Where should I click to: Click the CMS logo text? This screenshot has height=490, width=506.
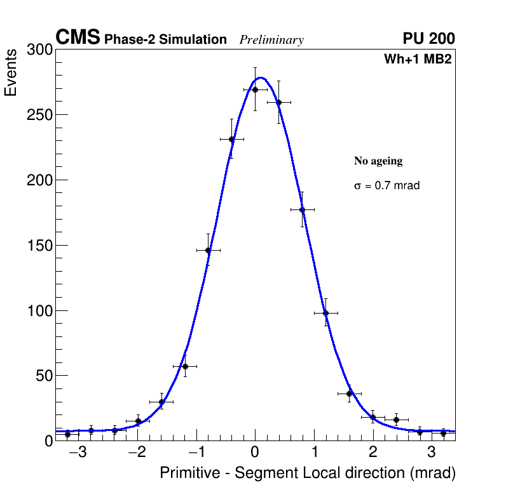click(x=78, y=38)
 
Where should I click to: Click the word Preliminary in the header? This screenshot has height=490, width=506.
click(x=271, y=40)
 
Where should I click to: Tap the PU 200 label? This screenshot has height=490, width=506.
click(x=428, y=39)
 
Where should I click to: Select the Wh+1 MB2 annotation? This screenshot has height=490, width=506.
click(x=418, y=60)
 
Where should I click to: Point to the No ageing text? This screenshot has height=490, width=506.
click(x=378, y=161)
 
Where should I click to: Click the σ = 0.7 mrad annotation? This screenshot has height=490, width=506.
click(x=386, y=186)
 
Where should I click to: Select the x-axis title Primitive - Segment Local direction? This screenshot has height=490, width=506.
click(x=308, y=473)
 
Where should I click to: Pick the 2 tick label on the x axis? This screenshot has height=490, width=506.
click(x=373, y=453)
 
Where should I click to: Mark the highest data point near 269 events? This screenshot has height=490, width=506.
click(x=255, y=89)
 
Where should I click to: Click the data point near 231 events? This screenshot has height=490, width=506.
click(x=231, y=139)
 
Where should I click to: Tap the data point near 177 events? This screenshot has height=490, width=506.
click(x=302, y=209)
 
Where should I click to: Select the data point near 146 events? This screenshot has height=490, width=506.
click(x=208, y=250)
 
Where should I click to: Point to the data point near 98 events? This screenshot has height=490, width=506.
click(x=325, y=313)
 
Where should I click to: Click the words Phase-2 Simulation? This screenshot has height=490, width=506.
click(x=165, y=40)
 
